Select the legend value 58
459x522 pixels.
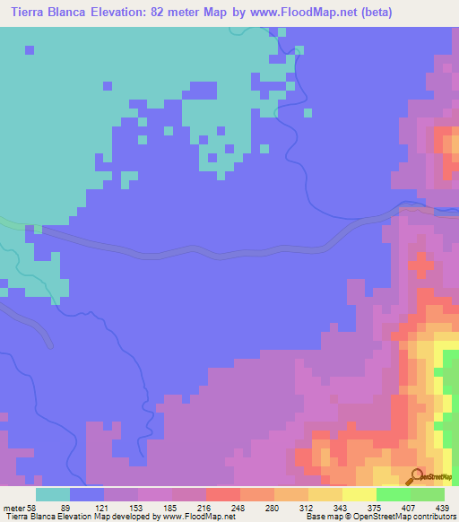pyautogui.click(x=32, y=507)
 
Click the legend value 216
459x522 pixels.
pyautogui.click(x=205, y=507)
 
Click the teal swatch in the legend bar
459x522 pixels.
pyautogui.click(x=53, y=494)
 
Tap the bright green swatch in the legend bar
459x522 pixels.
pyautogui.click(x=394, y=494)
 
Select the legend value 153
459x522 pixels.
pyautogui.click(x=147, y=507)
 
